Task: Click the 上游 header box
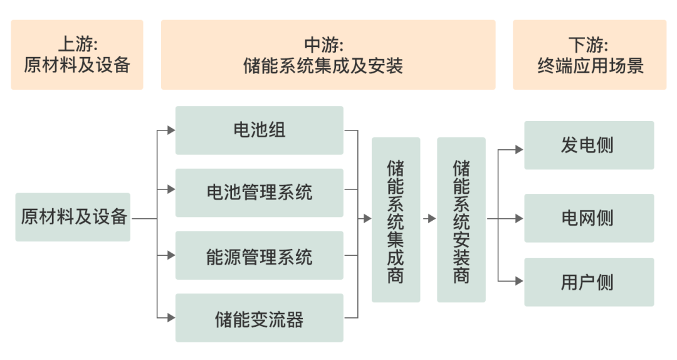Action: click(x=76, y=55)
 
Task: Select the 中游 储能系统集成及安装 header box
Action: click(x=328, y=55)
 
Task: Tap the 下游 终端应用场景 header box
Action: click(x=589, y=55)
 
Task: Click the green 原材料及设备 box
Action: click(x=73, y=217)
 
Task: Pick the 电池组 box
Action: click(x=259, y=130)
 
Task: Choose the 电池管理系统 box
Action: click(x=259, y=193)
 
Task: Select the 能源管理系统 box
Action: click(x=259, y=255)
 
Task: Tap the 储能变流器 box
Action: click(x=259, y=318)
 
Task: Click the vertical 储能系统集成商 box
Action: click(x=396, y=220)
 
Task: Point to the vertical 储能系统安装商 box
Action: click(x=461, y=220)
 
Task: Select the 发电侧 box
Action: click(x=589, y=146)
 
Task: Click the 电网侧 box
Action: click(x=589, y=218)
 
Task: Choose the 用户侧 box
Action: click(x=589, y=282)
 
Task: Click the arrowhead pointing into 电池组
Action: click(x=171, y=130)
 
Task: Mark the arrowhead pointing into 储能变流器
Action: click(x=171, y=318)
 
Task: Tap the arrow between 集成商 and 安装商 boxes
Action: click(x=430, y=219)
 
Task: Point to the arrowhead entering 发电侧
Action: click(x=519, y=149)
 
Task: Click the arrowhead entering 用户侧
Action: click(x=519, y=282)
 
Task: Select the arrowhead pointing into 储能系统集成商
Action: click(x=367, y=219)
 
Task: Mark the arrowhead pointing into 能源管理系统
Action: click(x=171, y=255)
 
